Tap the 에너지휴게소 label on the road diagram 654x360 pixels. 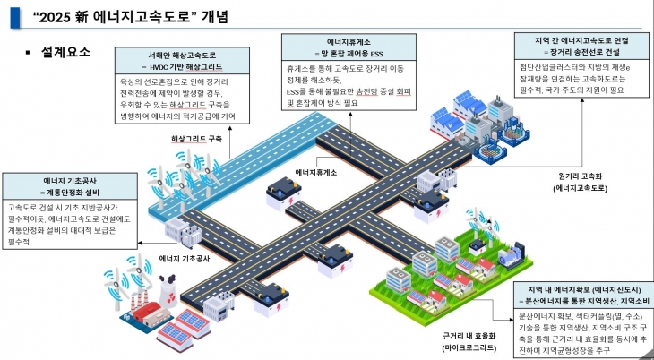point(316,172)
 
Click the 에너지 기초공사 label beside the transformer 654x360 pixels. point(184,258)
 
